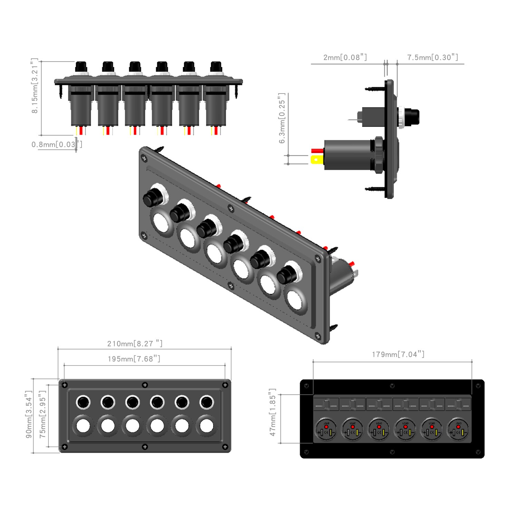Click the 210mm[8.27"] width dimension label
(x=135, y=344)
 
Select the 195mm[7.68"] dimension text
(x=134, y=359)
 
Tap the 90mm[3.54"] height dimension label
(x=29, y=414)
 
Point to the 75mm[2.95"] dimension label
(x=42, y=414)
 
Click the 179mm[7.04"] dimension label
(x=398, y=354)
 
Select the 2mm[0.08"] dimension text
(x=345, y=57)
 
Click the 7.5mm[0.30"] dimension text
(x=432, y=57)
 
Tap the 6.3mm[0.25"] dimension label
(x=282, y=118)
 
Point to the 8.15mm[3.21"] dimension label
(x=35, y=86)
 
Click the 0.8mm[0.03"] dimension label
(x=57, y=144)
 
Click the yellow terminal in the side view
(x=316, y=160)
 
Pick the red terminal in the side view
(x=316, y=151)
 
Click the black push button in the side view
(x=412, y=117)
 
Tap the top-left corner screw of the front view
(x=65, y=385)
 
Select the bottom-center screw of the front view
(x=145, y=447)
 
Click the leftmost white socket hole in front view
(x=83, y=426)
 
